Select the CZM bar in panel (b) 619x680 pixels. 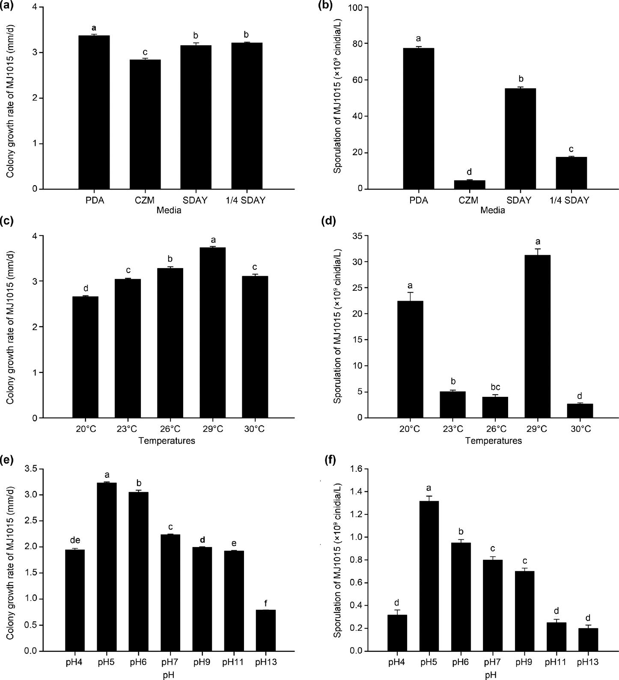[469, 185]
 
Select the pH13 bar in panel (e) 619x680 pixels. [266, 630]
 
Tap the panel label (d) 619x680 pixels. [330, 221]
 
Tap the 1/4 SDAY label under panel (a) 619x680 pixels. [246, 200]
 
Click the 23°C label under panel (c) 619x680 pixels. [128, 429]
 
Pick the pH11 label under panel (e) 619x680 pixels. [233, 662]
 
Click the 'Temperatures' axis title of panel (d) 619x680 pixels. [494, 441]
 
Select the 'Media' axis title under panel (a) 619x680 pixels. [169, 210]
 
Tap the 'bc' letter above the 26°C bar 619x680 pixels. [495, 387]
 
